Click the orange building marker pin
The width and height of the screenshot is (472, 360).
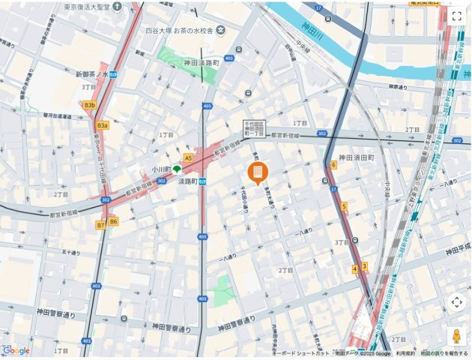pyautogui.click(x=256, y=173)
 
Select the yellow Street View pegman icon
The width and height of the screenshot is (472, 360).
pyautogui.click(x=456, y=337)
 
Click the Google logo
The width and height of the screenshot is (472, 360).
pyautogui.click(x=16, y=350)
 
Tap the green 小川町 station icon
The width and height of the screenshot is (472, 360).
pyautogui.click(x=177, y=169)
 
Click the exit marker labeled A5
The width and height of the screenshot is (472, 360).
pyautogui.click(x=188, y=158)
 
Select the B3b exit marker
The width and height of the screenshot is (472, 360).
pyautogui.click(x=90, y=106)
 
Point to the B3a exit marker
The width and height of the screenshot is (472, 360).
pyautogui.click(x=102, y=125)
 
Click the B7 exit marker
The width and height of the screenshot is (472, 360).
pyautogui.click(x=100, y=224)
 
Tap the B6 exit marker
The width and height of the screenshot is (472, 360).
pyautogui.click(x=113, y=221)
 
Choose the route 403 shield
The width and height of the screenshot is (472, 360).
pyautogui.click(x=96, y=286)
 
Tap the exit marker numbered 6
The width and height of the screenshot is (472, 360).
pyautogui.click(x=333, y=164)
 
